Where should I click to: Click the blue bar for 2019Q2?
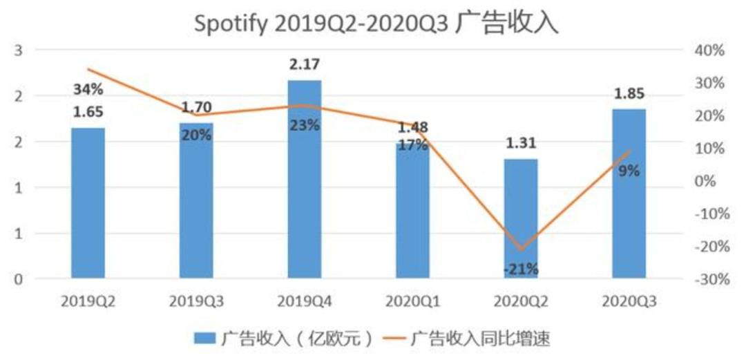(88, 203)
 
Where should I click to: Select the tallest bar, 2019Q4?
(305, 180)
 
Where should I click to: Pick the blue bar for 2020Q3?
(629, 193)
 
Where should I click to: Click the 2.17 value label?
(305, 65)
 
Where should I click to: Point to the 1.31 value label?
(521, 143)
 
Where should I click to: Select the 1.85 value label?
(629, 93)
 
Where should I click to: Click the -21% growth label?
(521, 269)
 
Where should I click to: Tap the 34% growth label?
(88, 89)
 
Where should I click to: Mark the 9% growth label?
(629, 171)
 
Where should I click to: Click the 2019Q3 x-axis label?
(196, 302)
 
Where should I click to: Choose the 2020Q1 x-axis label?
(412, 302)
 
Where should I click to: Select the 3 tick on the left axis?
(19, 50)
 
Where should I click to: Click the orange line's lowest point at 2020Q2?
(521, 249)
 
